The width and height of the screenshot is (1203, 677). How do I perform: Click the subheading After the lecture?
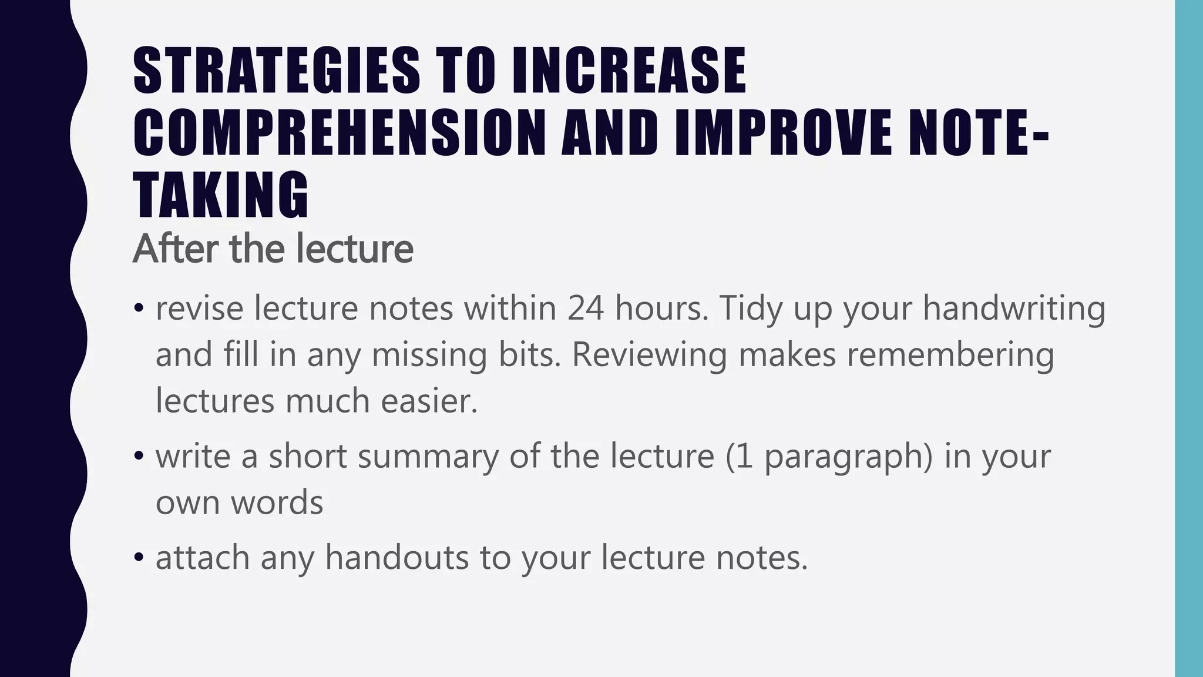point(273,249)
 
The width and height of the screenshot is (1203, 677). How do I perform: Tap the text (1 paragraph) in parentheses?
point(829,456)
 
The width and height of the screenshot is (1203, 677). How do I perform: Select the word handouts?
point(397,557)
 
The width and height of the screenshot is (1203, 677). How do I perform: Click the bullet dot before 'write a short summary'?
point(139,456)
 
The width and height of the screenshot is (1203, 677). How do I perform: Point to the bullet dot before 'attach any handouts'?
point(139,557)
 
